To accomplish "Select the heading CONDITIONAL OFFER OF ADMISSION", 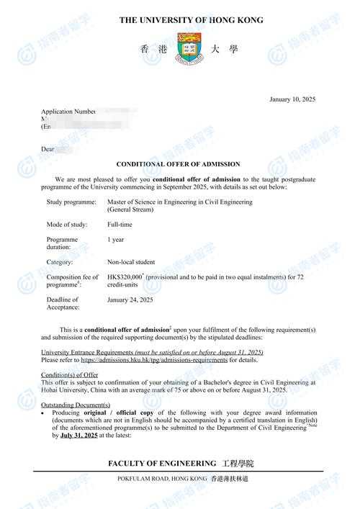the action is coord(179,164).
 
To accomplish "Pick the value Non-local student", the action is coord(131,262).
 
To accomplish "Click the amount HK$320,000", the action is coord(125,276).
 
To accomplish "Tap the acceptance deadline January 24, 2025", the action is coord(130,299).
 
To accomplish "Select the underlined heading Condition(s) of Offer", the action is coord(70,375).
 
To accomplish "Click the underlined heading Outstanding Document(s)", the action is coord(76,405).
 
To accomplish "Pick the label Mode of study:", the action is coord(66,225).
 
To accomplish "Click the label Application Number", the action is coord(68,112).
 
